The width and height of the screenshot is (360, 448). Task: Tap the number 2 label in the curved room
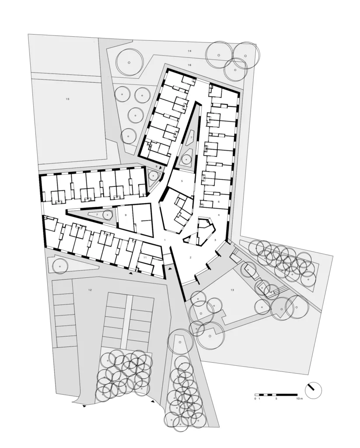pos(191,257)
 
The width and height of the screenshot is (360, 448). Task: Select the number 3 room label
pos(216,241)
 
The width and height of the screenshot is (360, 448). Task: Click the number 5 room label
pos(182,181)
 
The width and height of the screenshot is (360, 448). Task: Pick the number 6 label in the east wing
pos(219,202)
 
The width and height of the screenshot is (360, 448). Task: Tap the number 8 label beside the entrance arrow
pos(156,167)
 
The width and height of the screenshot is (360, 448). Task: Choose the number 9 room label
pos(126,215)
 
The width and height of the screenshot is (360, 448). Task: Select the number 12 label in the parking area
pos(90,290)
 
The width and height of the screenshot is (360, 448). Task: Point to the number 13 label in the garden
pos(232,290)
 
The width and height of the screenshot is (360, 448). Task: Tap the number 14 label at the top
pos(189,51)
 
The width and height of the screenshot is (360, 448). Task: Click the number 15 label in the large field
pos(67,99)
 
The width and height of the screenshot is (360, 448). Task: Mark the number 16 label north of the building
pos(189,65)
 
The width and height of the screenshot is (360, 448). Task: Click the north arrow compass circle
pos(313,390)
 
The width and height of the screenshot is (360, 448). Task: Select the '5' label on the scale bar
pos(276,399)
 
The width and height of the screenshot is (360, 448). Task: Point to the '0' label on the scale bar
pos(255,399)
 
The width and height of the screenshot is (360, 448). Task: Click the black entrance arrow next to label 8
pos(161,168)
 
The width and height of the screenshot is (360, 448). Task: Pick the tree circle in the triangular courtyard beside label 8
pos(153,176)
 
